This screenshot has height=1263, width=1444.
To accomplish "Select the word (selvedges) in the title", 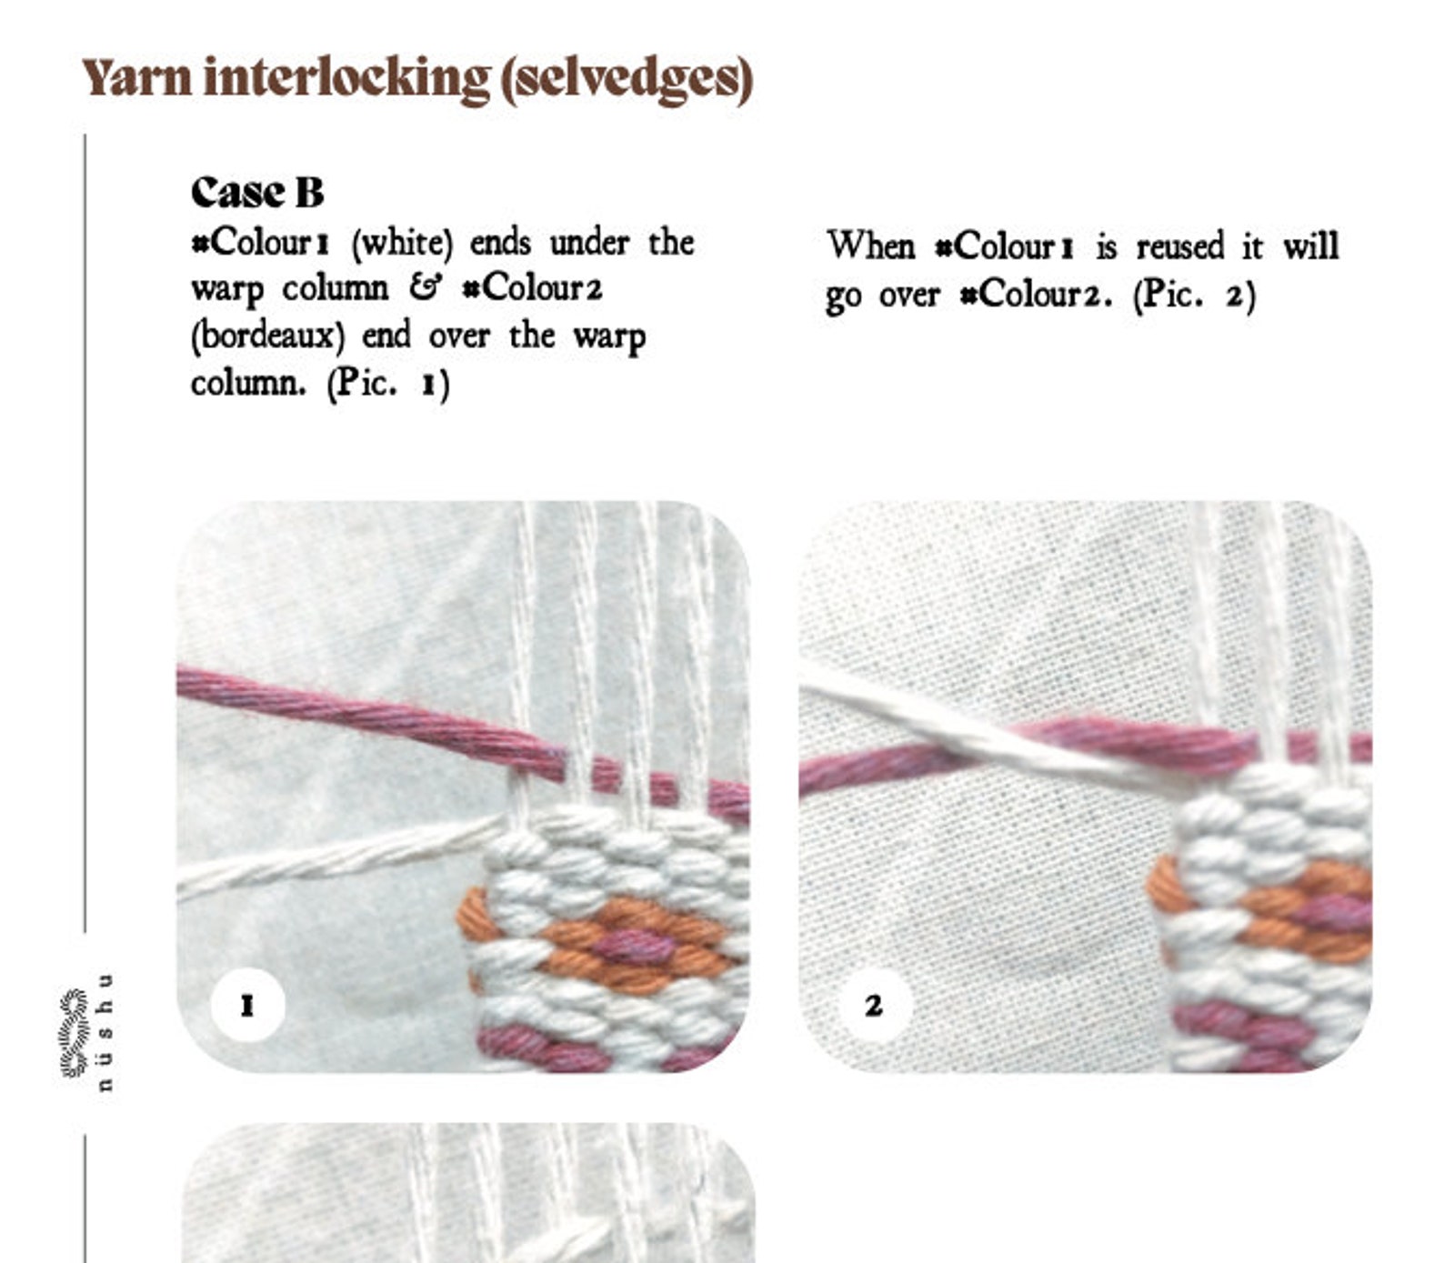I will point(627,78).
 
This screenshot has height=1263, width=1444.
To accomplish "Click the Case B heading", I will point(257,192).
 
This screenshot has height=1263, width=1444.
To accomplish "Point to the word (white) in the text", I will point(402,243).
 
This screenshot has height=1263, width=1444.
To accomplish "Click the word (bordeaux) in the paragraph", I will point(268,336).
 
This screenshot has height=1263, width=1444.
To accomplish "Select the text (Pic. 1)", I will point(388,384).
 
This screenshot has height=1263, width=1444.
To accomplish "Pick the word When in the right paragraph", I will point(870,246).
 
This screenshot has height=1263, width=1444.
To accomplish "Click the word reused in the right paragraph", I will point(1179,246).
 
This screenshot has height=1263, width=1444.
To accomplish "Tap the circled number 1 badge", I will point(247,1005).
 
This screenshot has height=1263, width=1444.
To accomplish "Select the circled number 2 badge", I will point(873,1005).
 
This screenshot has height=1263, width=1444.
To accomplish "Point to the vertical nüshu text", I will point(105,1032).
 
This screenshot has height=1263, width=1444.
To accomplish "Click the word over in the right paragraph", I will point(908,295).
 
